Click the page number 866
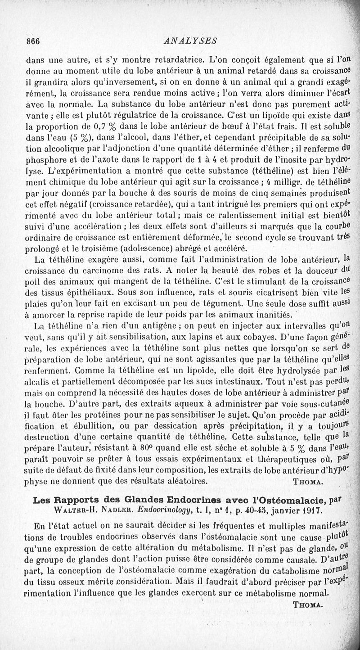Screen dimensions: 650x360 pos(33,41)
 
